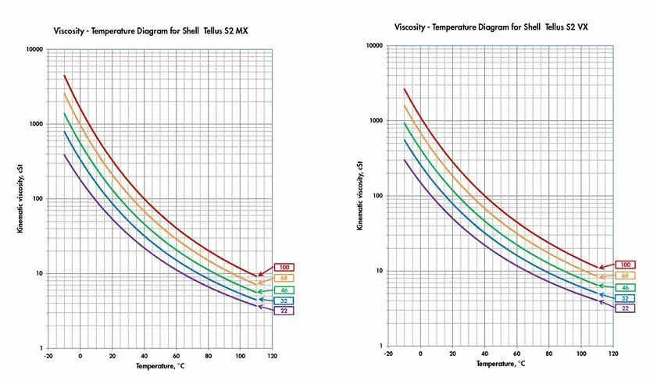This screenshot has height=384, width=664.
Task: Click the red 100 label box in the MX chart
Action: click(x=284, y=267)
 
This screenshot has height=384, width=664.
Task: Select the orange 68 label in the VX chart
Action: click(x=625, y=276)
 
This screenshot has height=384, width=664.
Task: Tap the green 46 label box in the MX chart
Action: click(x=284, y=290)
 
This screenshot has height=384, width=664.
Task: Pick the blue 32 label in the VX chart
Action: click(x=625, y=298)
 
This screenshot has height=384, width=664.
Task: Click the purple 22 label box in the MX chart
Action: click(x=284, y=311)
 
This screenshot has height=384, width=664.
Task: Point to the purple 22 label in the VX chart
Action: click(x=625, y=308)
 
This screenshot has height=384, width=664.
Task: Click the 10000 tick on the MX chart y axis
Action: click(x=34, y=49)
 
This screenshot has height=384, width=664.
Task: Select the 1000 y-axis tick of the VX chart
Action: click(x=376, y=120)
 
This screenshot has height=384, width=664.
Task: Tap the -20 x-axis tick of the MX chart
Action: click(x=48, y=356)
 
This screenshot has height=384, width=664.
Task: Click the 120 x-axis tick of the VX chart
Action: click(x=613, y=354)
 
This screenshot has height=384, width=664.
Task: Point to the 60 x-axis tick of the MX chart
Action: click(x=177, y=356)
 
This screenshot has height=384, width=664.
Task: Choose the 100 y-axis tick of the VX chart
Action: click(x=378, y=195)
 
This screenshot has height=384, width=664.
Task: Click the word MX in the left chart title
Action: click(x=242, y=31)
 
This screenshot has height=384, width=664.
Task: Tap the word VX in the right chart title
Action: click(x=582, y=27)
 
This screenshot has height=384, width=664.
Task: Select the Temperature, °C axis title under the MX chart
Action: click(x=160, y=366)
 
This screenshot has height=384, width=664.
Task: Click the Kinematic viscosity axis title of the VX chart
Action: click(x=360, y=195)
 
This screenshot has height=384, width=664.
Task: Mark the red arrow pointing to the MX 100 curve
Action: click(x=266, y=272)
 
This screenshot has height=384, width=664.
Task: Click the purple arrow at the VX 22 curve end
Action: click(x=607, y=303)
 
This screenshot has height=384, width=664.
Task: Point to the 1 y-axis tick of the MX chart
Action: click(x=41, y=348)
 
